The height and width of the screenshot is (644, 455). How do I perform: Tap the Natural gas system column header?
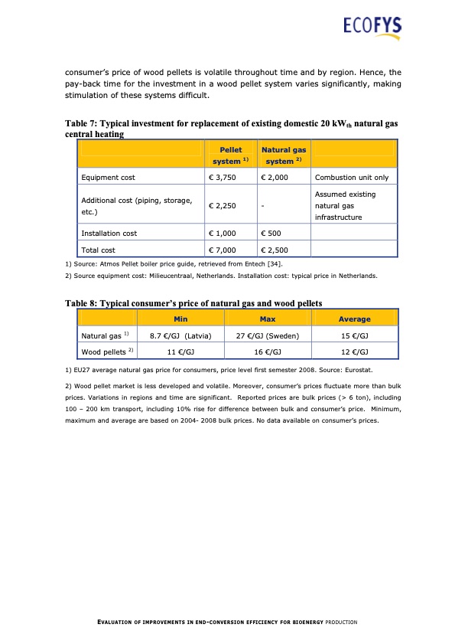point(283,155)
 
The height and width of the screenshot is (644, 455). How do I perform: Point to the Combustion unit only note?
point(352,178)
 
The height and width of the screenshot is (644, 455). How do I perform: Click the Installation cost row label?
point(109,233)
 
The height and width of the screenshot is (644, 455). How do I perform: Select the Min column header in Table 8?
point(181,319)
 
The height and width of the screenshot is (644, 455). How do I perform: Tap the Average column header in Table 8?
point(354,319)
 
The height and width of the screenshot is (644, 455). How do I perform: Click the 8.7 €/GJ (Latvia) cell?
point(180,335)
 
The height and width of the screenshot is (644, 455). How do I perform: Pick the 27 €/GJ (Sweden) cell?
point(268,335)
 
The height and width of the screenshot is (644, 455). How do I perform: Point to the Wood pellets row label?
point(105,351)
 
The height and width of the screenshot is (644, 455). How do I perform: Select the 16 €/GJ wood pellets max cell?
point(268,351)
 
